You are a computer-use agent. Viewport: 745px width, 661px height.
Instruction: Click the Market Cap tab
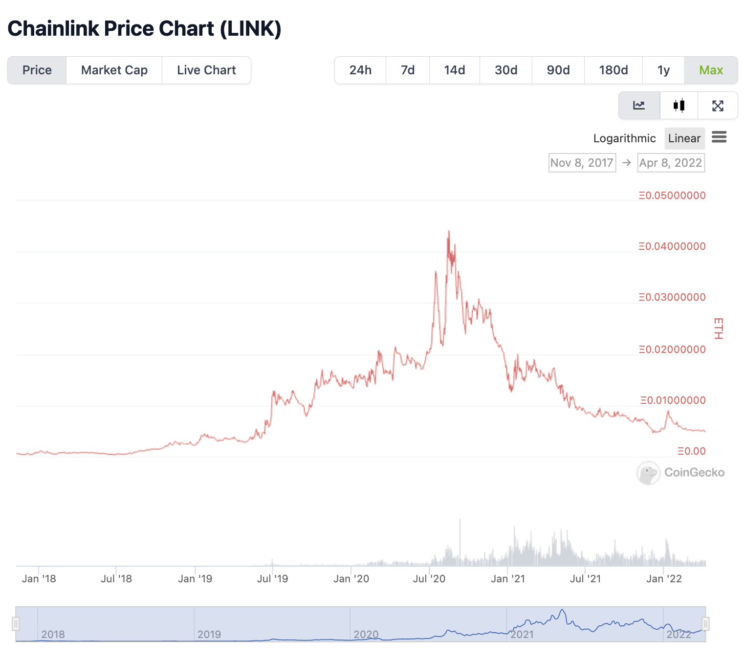(x=114, y=70)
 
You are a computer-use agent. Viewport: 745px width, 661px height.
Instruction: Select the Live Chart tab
(x=206, y=70)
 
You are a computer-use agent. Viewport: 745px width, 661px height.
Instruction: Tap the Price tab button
(x=37, y=70)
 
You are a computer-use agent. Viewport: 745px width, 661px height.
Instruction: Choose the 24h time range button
(x=360, y=70)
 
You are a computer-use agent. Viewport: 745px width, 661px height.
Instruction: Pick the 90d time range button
(x=558, y=70)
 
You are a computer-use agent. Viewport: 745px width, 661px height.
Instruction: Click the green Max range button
(x=711, y=70)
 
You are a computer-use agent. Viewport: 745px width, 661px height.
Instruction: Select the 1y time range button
(x=663, y=70)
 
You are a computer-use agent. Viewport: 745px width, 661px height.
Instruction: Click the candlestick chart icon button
(x=679, y=106)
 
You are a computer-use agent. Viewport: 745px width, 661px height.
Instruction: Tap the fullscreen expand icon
(x=718, y=106)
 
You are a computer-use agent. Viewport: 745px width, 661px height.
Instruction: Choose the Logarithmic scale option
(x=624, y=138)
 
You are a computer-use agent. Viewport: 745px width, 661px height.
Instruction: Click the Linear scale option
(x=684, y=138)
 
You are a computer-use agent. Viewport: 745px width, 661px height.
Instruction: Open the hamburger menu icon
(x=719, y=137)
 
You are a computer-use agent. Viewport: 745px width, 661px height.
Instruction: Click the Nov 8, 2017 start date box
(x=582, y=163)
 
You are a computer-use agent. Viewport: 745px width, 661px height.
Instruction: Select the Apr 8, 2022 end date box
(x=671, y=163)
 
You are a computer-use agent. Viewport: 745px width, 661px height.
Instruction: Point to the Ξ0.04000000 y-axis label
(x=672, y=246)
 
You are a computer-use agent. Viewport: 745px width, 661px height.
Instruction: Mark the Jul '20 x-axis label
(x=429, y=579)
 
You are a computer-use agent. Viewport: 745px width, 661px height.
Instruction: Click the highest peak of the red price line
(x=449, y=231)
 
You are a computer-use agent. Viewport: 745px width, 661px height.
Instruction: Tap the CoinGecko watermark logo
(x=680, y=473)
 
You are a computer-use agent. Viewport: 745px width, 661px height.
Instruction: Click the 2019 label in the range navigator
(x=209, y=635)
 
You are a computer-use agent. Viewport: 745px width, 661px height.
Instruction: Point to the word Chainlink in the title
(x=53, y=29)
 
